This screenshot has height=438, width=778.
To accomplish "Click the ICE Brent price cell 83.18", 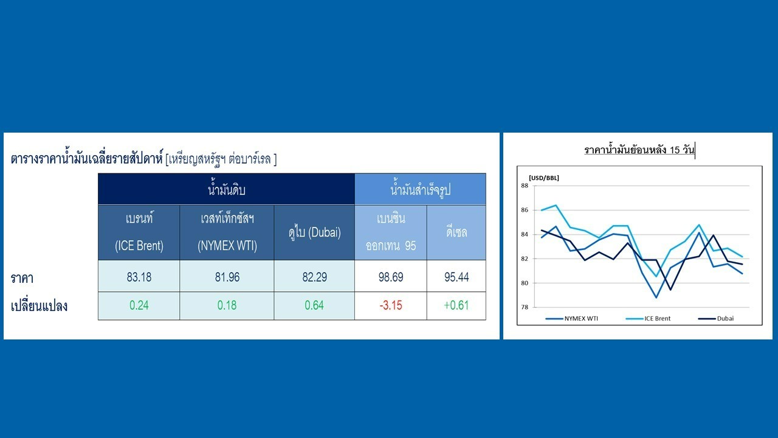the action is tap(139, 277).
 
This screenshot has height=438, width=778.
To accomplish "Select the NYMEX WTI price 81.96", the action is tap(227, 277).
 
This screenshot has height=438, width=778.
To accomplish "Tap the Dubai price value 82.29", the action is tap(314, 277).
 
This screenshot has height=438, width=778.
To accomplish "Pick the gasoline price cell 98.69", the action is tap(391, 277).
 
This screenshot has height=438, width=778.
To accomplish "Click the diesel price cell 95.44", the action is tap(456, 277).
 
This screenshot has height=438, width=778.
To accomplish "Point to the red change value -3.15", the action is tap(391, 305).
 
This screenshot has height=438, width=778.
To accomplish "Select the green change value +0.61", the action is tap(456, 305).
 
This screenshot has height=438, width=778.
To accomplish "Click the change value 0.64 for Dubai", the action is tap(314, 305).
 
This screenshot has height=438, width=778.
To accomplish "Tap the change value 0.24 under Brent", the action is tap(139, 305).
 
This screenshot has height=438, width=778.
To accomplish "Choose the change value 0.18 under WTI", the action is tap(227, 305).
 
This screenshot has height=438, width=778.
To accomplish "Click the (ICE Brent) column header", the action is tap(139, 246).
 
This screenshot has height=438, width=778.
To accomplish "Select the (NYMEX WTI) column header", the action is tap(227, 246).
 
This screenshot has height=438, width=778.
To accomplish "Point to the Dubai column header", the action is tap(314, 232).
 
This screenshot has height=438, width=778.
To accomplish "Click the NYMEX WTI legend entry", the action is tap(572, 318).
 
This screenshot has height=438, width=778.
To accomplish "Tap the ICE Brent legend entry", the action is tap(648, 318).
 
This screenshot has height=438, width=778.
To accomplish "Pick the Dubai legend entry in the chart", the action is tap(716, 318).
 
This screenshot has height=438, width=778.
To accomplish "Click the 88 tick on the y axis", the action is tap(525, 186).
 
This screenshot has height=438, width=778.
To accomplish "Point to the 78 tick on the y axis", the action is tap(525, 307).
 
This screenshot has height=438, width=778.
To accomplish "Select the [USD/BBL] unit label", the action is tap(544, 178).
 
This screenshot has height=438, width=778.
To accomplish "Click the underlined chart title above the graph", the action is tap(639, 150).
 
